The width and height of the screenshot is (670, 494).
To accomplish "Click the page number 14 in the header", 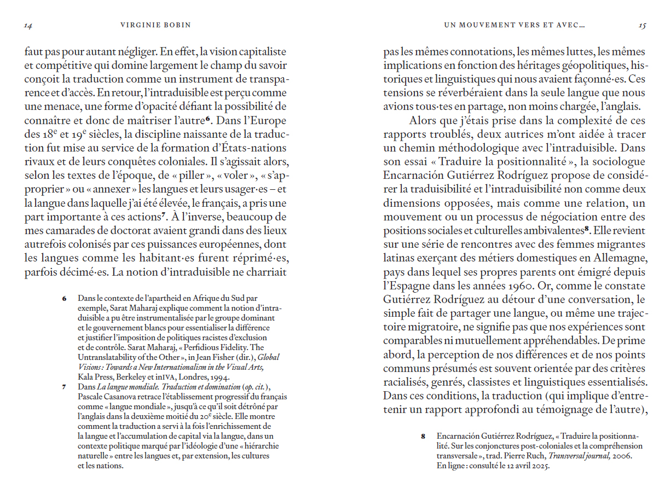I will pos(28,25).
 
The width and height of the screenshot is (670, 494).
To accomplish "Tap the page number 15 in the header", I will pos(643,25).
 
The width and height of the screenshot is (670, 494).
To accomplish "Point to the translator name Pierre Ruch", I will pos(527,456).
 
